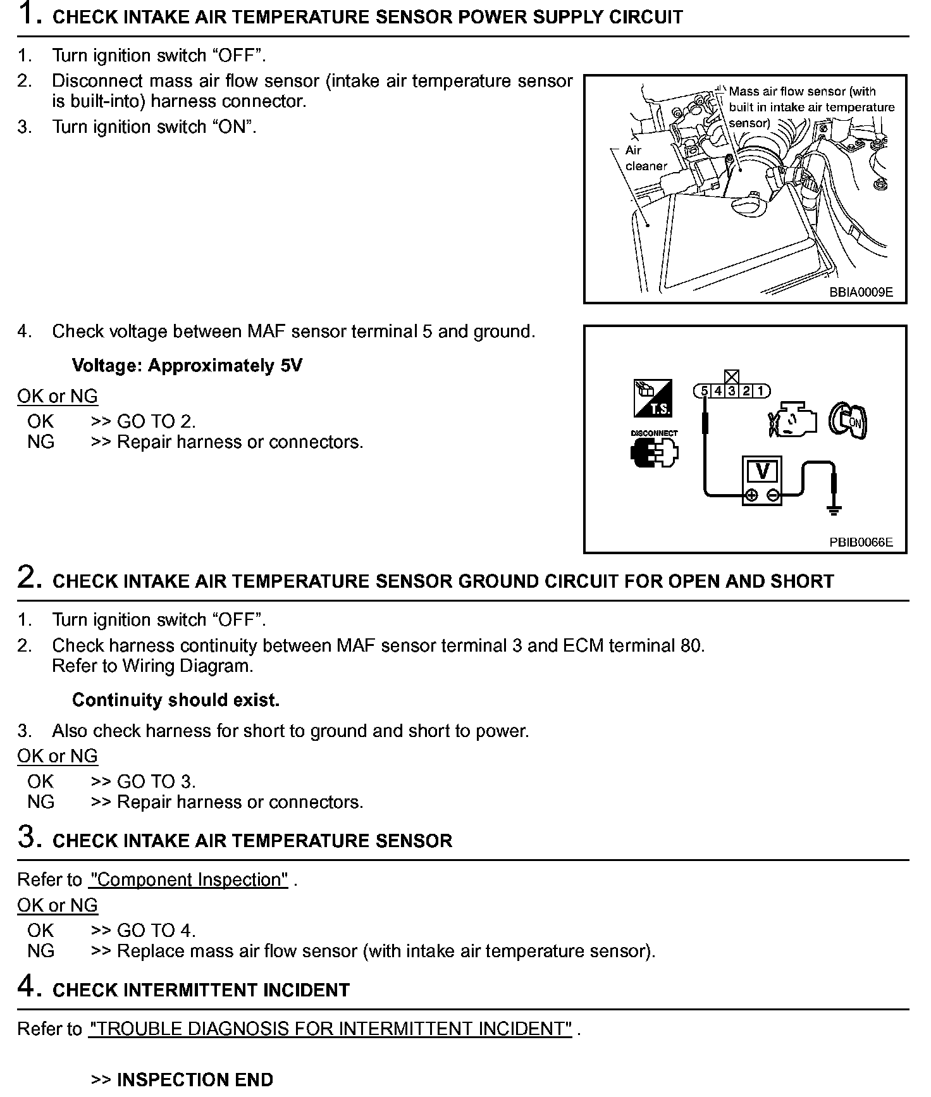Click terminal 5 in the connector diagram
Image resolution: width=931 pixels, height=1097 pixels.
point(704,391)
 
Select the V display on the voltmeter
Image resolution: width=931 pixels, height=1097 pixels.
point(762,471)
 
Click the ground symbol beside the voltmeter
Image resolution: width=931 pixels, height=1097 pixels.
point(834,507)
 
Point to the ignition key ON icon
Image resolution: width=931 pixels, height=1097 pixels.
point(849,421)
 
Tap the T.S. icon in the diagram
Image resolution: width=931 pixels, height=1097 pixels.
point(653,399)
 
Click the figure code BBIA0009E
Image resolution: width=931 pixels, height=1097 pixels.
point(861,292)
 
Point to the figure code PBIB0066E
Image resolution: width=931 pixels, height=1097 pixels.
point(861,542)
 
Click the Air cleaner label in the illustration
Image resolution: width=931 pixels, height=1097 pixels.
point(646,158)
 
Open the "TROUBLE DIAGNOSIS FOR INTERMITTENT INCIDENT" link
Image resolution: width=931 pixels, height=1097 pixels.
point(330,1029)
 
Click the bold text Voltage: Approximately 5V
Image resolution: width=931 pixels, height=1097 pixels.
point(187,366)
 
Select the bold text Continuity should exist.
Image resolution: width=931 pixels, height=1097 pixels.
point(176,700)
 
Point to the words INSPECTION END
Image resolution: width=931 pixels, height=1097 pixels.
point(195,1079)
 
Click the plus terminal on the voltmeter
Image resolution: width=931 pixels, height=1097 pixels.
point(751,495)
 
